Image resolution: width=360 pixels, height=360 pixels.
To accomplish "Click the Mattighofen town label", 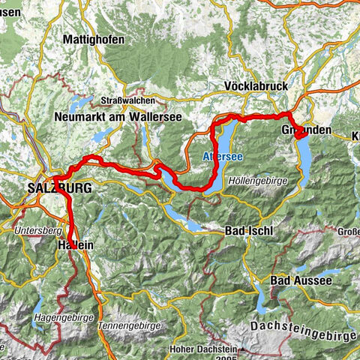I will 94,38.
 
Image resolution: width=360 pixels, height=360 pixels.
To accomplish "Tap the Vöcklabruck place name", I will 256,87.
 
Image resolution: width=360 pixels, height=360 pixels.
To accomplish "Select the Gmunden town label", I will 307,130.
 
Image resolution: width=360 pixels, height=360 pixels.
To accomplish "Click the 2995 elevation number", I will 222,358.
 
